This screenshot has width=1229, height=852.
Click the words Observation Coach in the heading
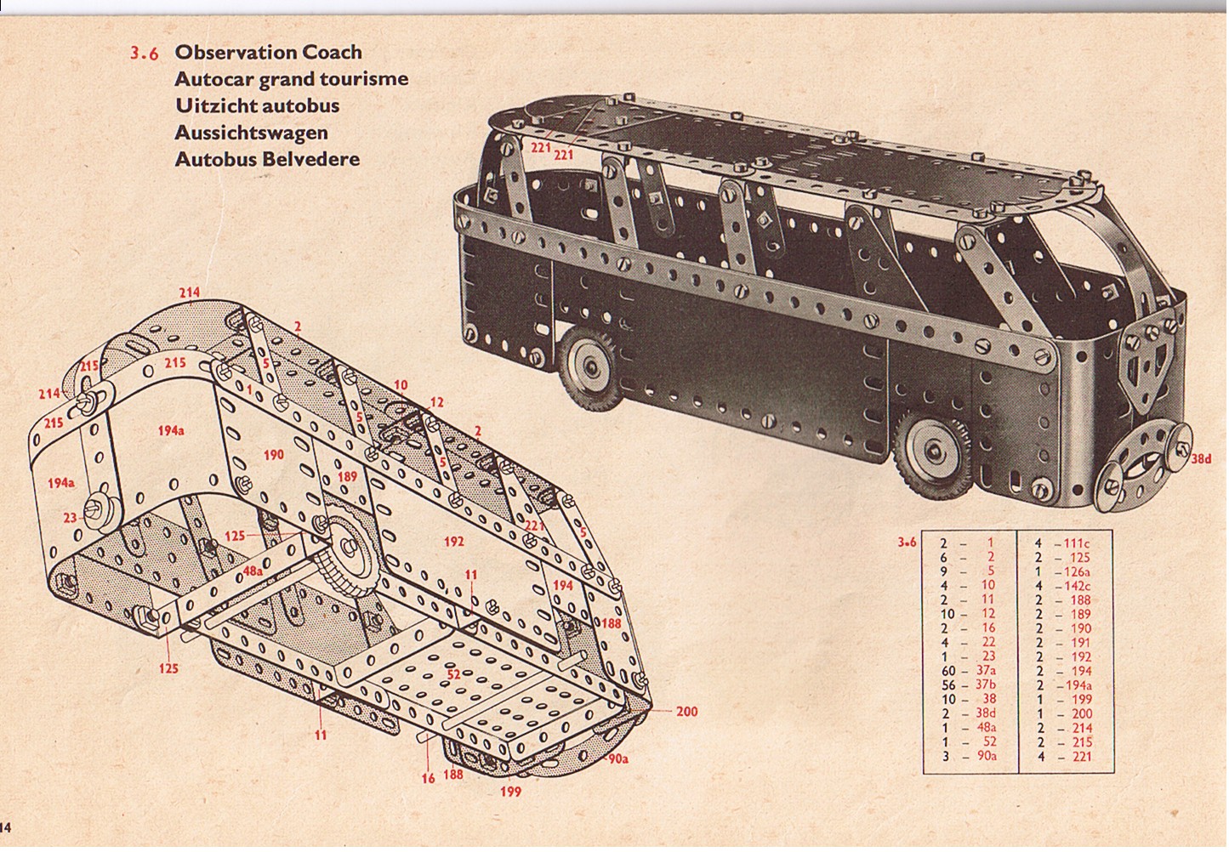pos(268,52)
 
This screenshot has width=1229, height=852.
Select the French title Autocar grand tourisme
pos(291,79)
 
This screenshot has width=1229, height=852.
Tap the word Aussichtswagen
pos(251,133)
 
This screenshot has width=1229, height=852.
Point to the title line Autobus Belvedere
pos(266,159)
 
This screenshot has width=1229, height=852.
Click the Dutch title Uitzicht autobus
pos(256,106)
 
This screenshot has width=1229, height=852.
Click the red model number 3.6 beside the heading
pos(145,53)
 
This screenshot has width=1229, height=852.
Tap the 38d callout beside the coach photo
pos(1200,460)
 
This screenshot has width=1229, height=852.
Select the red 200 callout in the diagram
pos(686,711)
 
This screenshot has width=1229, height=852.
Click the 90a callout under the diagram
pos(618,759)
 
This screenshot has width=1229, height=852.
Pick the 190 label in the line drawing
pos(273,455)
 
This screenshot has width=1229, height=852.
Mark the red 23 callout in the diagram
pos(70,517)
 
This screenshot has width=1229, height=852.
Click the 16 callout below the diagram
pos(428,777)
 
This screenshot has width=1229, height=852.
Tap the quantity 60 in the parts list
pos(949,672)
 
